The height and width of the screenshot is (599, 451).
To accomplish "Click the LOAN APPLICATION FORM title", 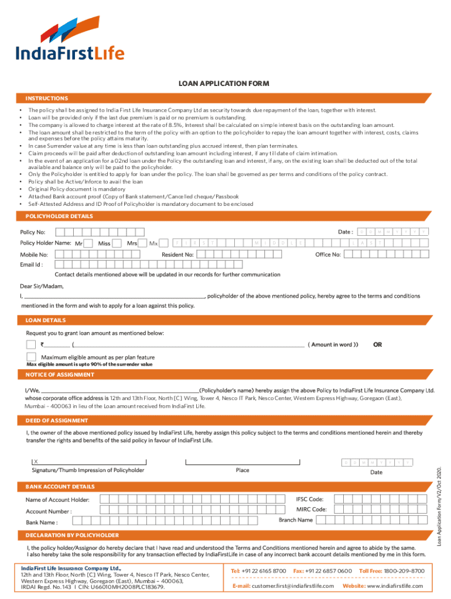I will click(224, 84).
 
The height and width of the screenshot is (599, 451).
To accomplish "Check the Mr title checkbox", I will click(90, 243).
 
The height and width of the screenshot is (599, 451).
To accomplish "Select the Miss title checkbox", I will click(117, 243).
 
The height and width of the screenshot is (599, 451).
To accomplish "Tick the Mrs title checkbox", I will click(143, 243).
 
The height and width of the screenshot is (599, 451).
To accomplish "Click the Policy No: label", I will click(33, 232).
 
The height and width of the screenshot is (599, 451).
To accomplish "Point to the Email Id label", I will click(32, 264).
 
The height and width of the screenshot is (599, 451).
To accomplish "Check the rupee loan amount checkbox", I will click(31, 344).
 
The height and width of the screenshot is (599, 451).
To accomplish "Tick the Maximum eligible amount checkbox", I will click(31, 356).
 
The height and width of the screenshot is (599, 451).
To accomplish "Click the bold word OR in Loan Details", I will click(377, 345).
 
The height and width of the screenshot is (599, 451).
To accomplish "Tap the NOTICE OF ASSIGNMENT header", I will click(60, 374).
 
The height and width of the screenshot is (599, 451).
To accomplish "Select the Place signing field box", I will click(242, 462).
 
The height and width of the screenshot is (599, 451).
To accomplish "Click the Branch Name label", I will click(296, 520).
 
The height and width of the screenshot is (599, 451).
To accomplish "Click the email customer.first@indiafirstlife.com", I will click(283, 586).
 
